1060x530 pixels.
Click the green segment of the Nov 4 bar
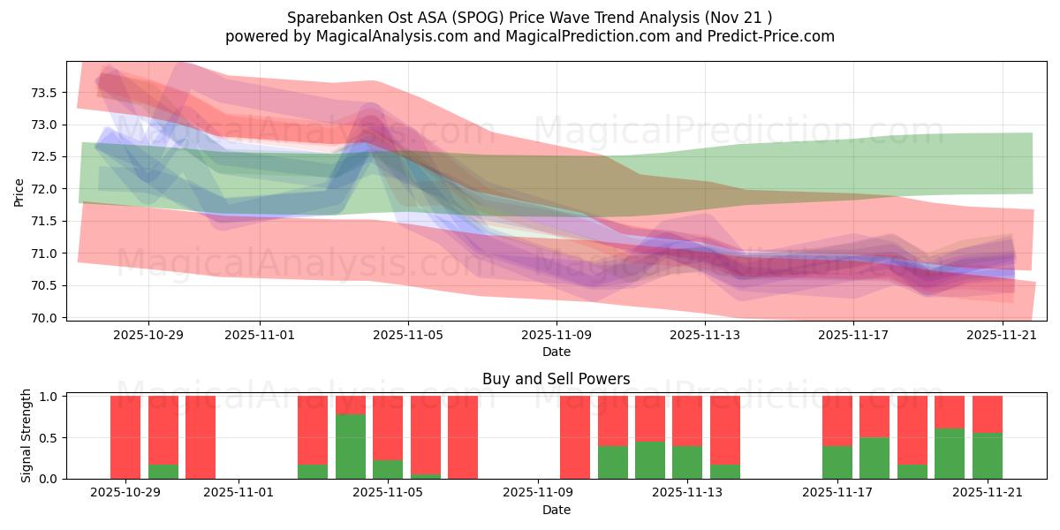coord(351,446)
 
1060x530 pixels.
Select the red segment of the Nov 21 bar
coord(988,414)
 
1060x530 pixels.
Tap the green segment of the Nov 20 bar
coord(950,453)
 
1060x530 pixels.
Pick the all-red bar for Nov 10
coord(575,437)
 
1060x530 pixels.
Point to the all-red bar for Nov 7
coord(463,437)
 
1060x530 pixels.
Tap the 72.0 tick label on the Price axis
coord(43,189)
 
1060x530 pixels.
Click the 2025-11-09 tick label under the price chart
coord(556,337)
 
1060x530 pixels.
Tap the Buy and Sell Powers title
coord(556,379)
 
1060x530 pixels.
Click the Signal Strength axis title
coord(26,435)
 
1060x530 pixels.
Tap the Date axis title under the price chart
coord(556,352)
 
